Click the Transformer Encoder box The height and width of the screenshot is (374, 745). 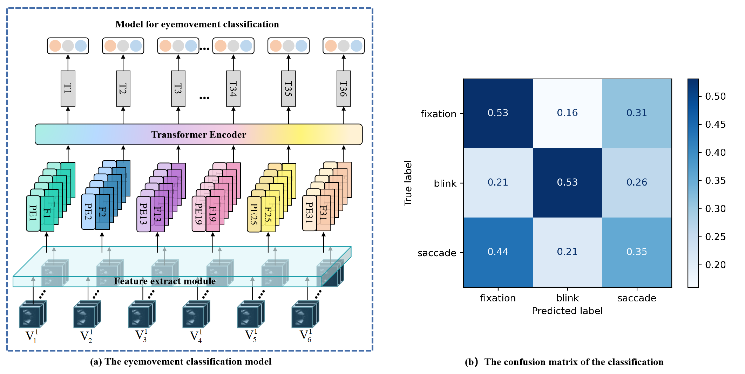pyautogui.click(x=198, y=134)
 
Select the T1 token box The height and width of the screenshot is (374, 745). pyautogui.click(x=68, y=88)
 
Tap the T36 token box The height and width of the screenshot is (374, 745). pyautogui.click(x=344, y=88)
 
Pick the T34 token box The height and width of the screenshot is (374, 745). pyautogui.click(x=233, y=88)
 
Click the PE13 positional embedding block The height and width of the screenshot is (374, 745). pyautogui.click(x=143, y=214)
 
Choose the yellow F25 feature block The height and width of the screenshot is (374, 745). pyautogui.click(x=268, y=214)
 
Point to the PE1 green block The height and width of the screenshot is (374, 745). pyautogui.click(x=33, y=213)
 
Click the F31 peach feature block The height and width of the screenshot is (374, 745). pyautogui.click(x=323, y=213)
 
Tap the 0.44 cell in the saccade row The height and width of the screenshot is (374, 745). pyautogui.click(x=498, y=252)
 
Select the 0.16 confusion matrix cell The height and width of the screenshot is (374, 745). pyautogui.click(x=567, y=113)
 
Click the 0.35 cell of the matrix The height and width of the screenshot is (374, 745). pyautogui.click(x=637, y=252)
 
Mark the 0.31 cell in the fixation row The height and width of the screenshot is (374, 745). pyautogui.click(x=637, y=113)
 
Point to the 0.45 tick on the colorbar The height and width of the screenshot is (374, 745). pyautogui.click(x=715, y=125)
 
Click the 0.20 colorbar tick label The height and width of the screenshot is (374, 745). pyautogui.click(x=715, y=265)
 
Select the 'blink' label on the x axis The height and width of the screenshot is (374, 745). pyautogui.click(x=567, y=298)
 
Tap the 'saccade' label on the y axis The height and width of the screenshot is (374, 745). pyautogui.click(x=437, y=253)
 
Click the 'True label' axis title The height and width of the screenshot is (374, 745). pyautogui.click(x=408, y=183)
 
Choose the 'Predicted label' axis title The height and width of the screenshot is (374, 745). pyautogui.click(x=567, y=311)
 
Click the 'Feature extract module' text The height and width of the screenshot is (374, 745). pyautogui.click(x=165, y=281)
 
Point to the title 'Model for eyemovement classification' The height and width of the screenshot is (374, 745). pyautogui.click(x=197, y=24)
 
